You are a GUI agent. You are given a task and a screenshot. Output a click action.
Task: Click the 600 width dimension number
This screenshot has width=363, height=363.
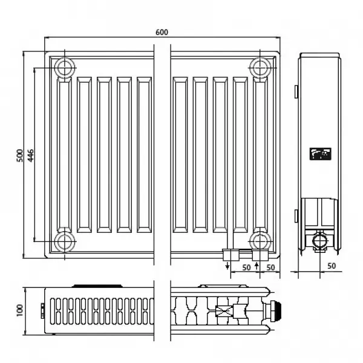(162, 31)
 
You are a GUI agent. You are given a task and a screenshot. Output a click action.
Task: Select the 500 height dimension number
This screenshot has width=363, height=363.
(19, 156)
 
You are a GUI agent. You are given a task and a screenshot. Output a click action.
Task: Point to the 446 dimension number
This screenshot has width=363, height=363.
(30, 156)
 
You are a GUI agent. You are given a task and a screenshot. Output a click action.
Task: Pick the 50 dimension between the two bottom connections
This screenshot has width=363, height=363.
(246, 267)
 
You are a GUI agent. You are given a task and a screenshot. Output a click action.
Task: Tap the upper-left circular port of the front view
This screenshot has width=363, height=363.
(63, 67)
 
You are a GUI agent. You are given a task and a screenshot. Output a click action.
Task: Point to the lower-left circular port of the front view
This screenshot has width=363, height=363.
(63, 242)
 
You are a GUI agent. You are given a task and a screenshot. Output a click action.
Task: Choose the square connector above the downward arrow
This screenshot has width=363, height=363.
(227, 254)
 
